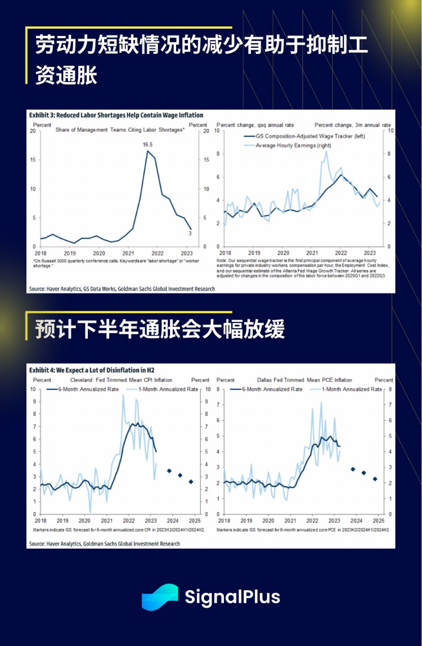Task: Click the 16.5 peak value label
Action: (148, 145)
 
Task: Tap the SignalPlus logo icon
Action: (160, 597)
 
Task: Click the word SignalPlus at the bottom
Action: (232, 597)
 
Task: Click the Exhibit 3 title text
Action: (116, 115)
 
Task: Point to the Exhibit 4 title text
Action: (91, 370)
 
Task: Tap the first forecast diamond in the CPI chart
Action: (169, 470)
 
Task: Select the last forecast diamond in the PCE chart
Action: (375, 479)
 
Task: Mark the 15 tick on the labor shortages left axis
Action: (33, 160)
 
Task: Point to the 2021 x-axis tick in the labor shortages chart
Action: (128, 254)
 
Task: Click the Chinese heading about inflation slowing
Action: (160, 329)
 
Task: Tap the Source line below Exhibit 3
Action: (122, 289)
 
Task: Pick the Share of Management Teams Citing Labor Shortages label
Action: (120, 130)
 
